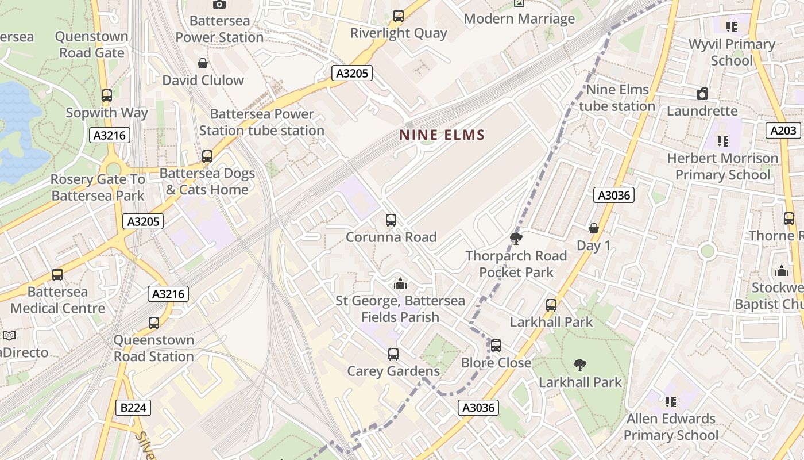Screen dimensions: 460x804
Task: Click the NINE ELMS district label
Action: point(442,135)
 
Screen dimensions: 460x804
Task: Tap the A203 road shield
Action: point(783,131)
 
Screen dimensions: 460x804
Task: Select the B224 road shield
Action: point(134,408)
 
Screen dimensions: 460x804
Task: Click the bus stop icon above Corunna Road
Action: point(391,220)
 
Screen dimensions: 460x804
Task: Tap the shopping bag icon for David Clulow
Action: point(203,63)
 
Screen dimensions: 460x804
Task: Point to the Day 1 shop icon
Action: point(594,229)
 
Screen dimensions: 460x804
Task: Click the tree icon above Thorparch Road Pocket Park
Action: point(516,239)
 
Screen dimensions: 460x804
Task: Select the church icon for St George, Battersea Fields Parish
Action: point(400,283)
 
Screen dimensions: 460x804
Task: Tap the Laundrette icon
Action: point(702,94)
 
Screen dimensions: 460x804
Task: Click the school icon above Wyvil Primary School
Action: point(731,27)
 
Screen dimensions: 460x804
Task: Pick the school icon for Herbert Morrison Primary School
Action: point(722,141)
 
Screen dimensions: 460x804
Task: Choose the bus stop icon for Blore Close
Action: point(496,346)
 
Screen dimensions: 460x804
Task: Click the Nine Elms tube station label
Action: point(617,98)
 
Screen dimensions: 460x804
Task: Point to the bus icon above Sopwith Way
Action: point(107,95)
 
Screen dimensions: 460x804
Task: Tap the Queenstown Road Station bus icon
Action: point(154,323)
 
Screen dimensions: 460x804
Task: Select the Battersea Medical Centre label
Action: point(57,300)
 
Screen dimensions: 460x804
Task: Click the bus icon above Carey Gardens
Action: point(393,354)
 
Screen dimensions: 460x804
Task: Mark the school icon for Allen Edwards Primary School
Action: point(670,401)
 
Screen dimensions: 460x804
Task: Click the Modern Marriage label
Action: point(519,19)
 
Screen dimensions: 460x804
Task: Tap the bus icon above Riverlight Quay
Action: point(399,16)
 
